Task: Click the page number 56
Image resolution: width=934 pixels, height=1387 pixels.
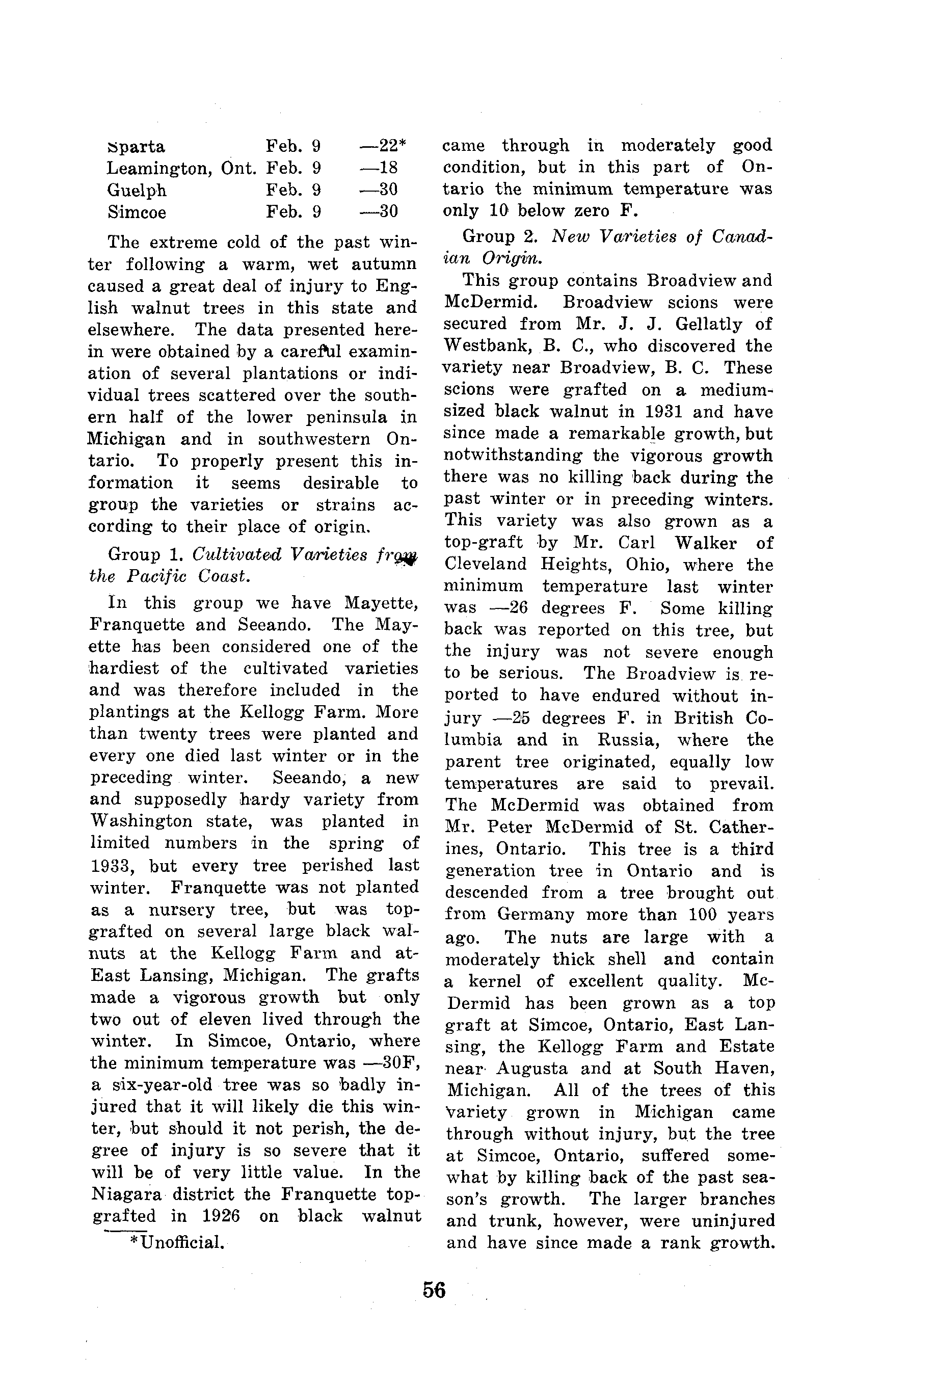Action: [x=434, y=1289]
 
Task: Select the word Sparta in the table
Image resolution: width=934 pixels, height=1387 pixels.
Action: [x=137, y=147]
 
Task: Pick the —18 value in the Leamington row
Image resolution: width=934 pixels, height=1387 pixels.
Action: [x=379, y=168]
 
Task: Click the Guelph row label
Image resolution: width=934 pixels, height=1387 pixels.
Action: [x=137, y=191]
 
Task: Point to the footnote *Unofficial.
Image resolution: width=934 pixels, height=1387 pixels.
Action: [x=177, y=1242]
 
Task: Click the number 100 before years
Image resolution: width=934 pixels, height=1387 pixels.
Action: [x=704, y=914]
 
